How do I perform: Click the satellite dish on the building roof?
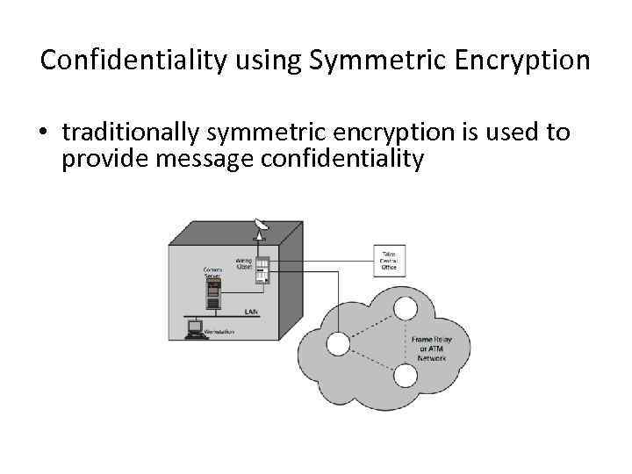tap(260, 227)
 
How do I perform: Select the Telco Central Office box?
tap(389, 262)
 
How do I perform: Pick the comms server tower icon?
tap(212, 293)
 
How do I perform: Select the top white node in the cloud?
tap(405, 309)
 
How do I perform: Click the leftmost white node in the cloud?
tap(338, 343)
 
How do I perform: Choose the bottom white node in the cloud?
tap(405, 376)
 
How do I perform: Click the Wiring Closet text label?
tap(243, 263)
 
